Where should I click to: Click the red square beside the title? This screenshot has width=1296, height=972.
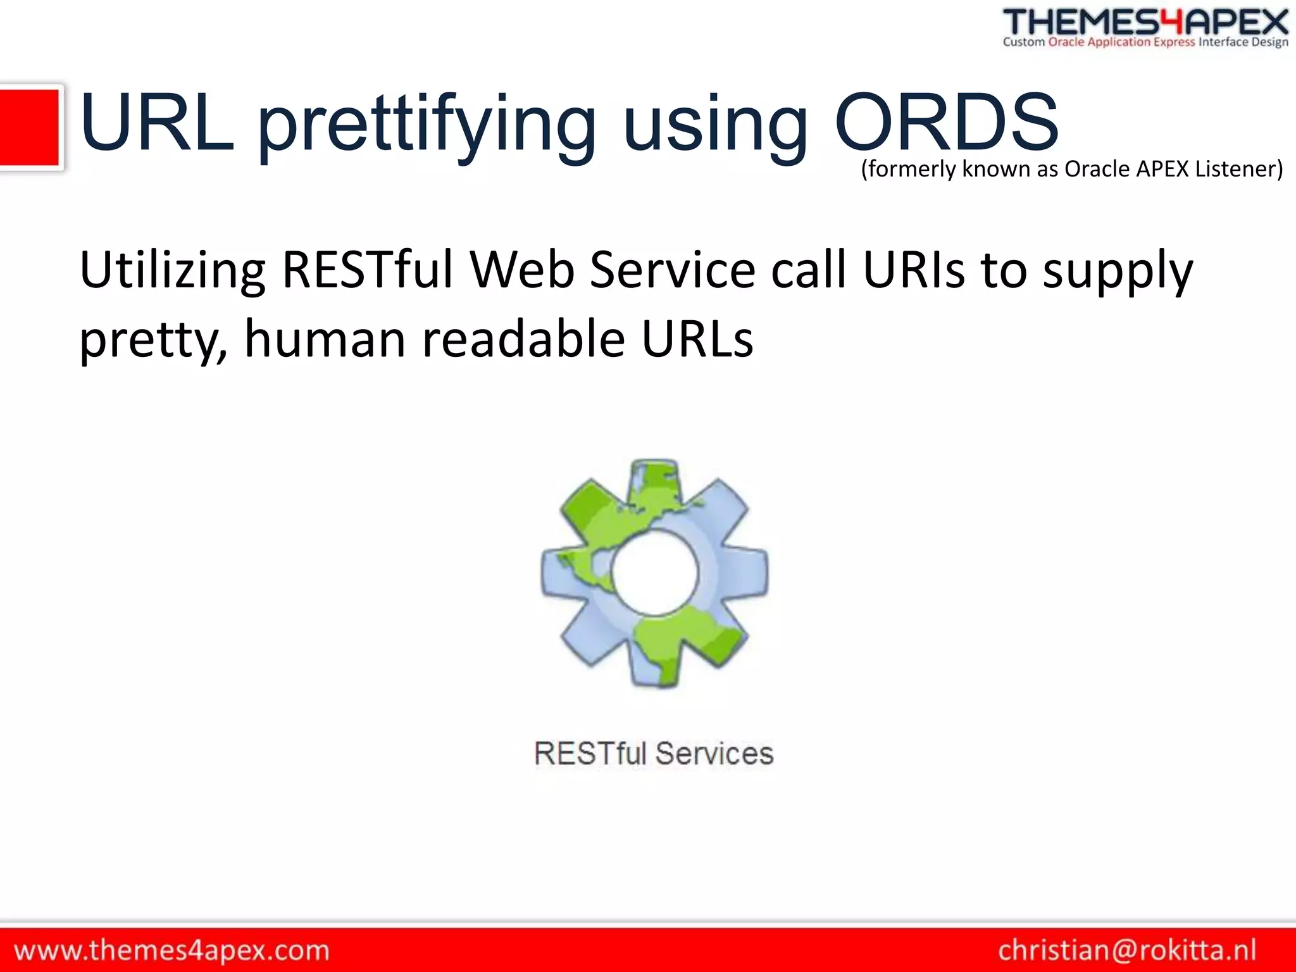[x=30, y=127]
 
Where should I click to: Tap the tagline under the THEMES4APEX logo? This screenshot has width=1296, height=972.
[x=1145, y=42]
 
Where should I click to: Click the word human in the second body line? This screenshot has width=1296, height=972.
[x=325, y=339]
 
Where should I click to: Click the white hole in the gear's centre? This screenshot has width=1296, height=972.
[x=655, y=573]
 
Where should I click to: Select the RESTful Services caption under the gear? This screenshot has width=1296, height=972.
[x=654, y=754]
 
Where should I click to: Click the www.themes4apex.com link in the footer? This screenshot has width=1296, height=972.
[x=171, y=950]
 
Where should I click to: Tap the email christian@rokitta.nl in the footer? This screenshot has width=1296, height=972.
[x=1127, y=950]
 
